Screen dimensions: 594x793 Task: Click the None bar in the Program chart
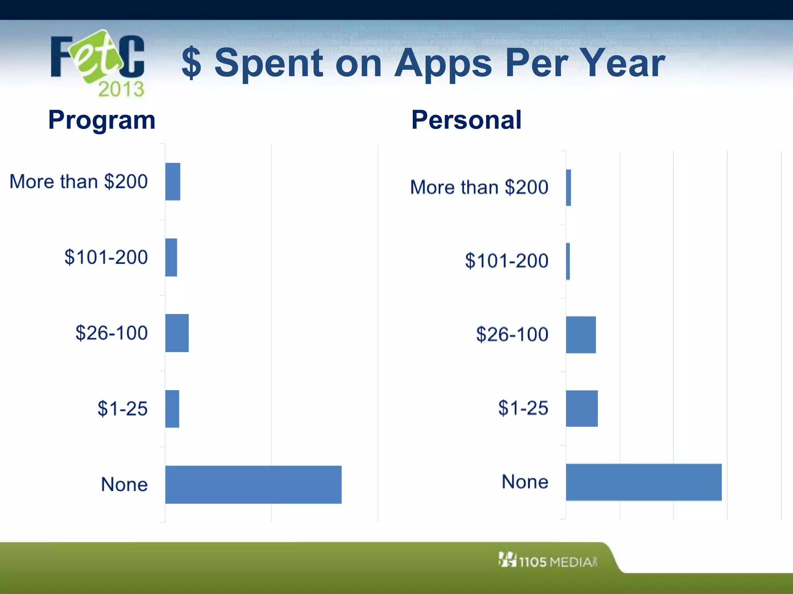click(x=253, y=485)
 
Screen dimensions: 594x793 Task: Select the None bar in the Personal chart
click(x=644, y=482)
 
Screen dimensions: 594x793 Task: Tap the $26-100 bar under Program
click(x=177, y=333)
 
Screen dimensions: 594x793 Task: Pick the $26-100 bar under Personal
click(x=581, y=335)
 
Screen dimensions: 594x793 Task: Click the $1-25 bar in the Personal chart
click(x=582, y=408)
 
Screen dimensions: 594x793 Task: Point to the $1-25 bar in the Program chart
click(x=172, y=409)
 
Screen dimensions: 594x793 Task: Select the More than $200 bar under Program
click(x=173, y=182)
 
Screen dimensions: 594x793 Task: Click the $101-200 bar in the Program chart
click(x=171, y=258)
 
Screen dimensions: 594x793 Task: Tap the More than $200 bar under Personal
click(x=568, y=188)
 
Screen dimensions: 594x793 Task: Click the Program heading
click(x=102, y=120)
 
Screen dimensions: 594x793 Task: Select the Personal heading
click(x=466, y=120)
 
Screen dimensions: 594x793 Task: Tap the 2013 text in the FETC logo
click(x=121, y=89)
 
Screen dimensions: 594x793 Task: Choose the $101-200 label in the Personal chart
click(x=506, y=261)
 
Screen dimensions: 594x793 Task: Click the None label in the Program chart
click(x=124, y=485)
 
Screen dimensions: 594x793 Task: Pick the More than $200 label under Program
click(x=79, y=182)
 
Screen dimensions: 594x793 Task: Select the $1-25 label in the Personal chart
click(x=523, y=408)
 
